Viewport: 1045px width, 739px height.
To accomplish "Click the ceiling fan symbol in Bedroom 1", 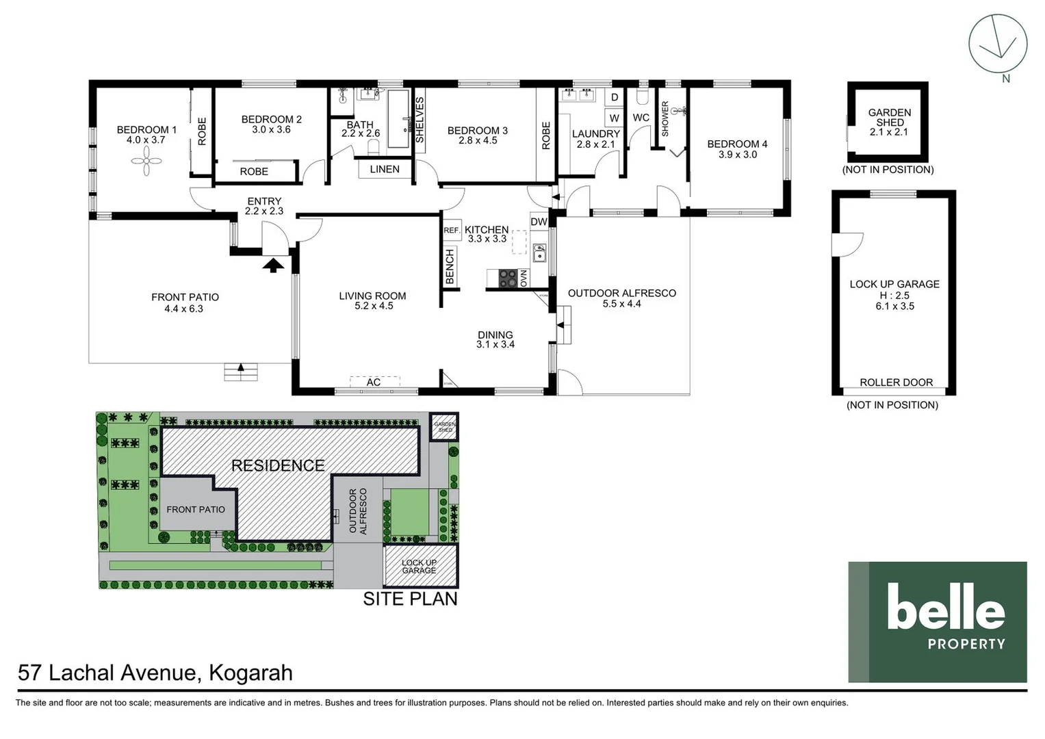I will coord(146,161).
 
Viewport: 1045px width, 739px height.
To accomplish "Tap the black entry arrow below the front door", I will coord(273,265).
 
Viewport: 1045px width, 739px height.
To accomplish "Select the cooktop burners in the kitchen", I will coord(508,278).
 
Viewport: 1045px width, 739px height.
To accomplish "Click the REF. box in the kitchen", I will coord(452,231).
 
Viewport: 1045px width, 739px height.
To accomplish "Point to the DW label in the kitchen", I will coord(539,222).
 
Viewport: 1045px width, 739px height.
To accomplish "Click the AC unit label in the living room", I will coord(374,382).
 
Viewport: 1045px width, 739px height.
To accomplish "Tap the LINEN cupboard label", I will coord(385,169).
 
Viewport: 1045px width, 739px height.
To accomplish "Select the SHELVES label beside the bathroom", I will coord(420,120).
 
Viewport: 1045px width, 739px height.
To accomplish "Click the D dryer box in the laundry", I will coord(615,98).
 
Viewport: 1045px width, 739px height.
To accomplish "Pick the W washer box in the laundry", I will coord(614,118).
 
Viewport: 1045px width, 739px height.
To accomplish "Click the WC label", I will coord(641,118).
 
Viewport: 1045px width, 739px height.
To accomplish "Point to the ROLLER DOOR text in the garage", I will coord(896,383).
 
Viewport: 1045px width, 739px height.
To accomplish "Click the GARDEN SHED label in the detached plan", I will coord(889,117).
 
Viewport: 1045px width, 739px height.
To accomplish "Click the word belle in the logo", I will coord(945,606).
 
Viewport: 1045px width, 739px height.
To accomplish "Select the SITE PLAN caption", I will coord(410,599).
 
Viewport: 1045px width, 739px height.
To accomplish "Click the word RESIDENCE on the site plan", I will coord(278,466).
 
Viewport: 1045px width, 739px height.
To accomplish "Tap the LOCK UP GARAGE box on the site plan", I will coord(419,567).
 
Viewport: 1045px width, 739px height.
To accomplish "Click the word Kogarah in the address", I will coord(250,673).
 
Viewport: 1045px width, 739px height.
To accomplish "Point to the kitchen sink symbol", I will coord(539,253).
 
